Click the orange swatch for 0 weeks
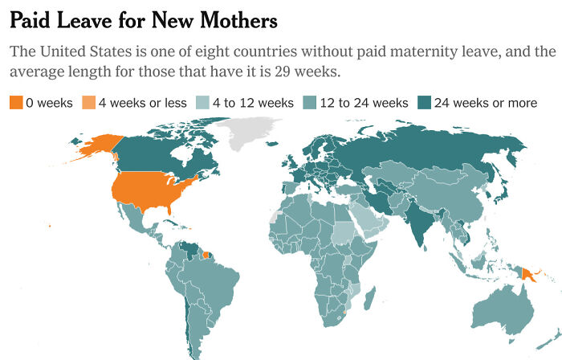pyautogui.click(x=17, y=103)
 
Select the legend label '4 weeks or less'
pyautogui.click(x=142, y=103)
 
